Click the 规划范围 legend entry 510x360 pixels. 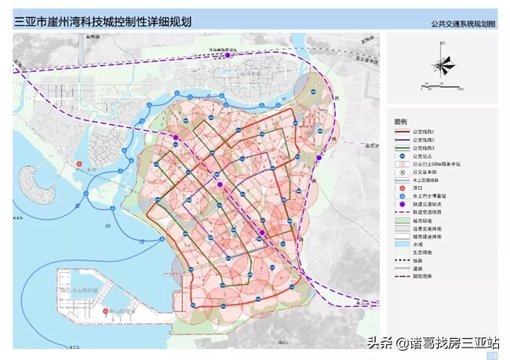pos(424,279)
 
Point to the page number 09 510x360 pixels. pos(493,355)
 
